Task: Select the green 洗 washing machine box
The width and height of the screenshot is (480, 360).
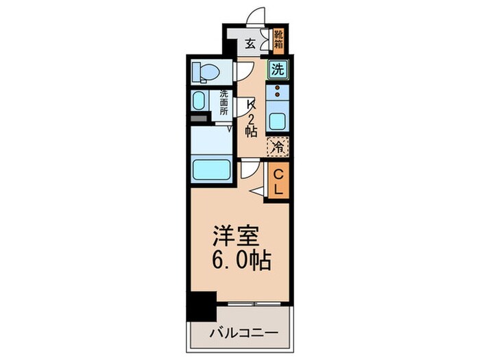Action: click(x=277, y=69)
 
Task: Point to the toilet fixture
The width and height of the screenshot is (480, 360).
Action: click(x=205, y=71)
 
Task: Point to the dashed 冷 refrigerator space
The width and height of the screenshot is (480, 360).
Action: click(x=277, y=146)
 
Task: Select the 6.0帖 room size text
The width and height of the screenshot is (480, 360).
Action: click(x=241, y=260)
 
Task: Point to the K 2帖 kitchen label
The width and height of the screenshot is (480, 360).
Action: click(x=251, y=117)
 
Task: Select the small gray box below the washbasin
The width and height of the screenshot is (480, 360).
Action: click(x=198, y=119)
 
